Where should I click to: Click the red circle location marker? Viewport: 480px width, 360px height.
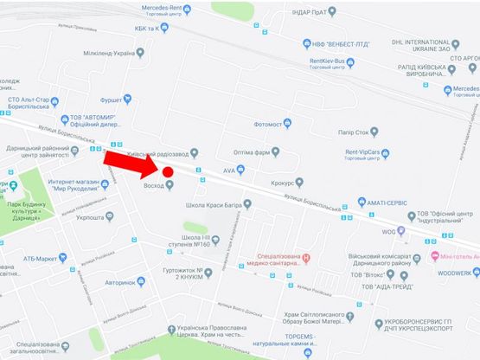[169, 171]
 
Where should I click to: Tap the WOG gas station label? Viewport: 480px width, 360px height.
[390, 232]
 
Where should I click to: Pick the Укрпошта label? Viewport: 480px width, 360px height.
[89, 219]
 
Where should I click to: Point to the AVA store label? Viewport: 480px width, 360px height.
[229, 170]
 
